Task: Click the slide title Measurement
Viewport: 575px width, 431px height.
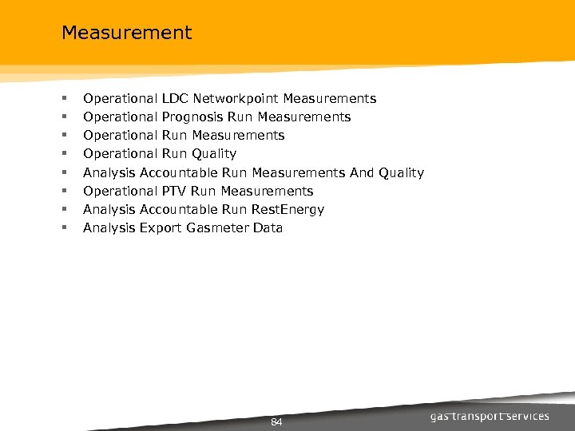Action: pyautogui.click(x=126, y=33)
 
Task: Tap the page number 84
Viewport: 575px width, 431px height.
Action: pyautogui.click(x=277, y=421)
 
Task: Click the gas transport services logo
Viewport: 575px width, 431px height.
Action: pyautogui.click(x=490, y=417)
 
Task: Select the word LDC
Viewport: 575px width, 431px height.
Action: pyautogui.click(x=175, y=99)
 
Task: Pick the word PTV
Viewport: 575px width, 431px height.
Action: pyautogui.click(x=175, y=192)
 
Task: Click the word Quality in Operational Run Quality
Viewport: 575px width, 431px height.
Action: pyautogui.click(x=214, y=154)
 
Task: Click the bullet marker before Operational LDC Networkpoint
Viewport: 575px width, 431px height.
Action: pyautogui.click(x=63, y=100)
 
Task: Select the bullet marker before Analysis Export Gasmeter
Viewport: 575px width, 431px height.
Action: pyautogui.click(x=63, y=229)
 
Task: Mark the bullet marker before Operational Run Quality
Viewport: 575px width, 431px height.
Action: pyautogui.click(x=63, y=155)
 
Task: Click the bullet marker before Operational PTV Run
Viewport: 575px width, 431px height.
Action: pyautogui.click(x=63, y=192)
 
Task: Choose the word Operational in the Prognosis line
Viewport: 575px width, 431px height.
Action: pyautogui.click(x=120, y=117)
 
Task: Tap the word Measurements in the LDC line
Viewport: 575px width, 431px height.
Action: pyautogui.click(x=329, y=99)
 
